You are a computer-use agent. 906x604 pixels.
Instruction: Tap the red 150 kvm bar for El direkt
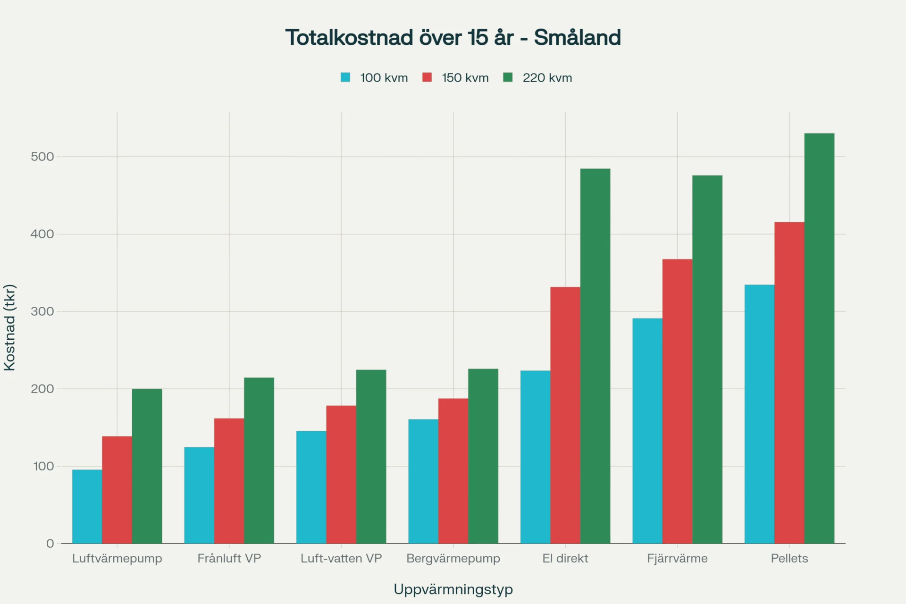[x=565, y=415]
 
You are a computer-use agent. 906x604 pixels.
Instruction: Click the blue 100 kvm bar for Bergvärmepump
[x=423, y=481]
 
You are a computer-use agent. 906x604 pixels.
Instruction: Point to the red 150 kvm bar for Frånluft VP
[x=229, y=481]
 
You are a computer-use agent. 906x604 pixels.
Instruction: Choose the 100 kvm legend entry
[x=374, y=78]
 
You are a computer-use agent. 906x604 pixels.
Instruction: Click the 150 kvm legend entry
[x=456, y=78]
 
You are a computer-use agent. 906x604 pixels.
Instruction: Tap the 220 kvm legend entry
[x=537, y=78]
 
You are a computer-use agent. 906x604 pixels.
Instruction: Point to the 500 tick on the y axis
[x=42, y=157]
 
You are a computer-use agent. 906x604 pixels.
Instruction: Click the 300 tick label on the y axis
[x=42, y=311]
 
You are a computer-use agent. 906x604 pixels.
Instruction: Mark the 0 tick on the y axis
[x=50, y=544]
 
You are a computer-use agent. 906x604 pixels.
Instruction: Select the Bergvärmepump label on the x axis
[x=453, y=558]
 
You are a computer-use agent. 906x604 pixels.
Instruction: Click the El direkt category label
[x=565, y=558]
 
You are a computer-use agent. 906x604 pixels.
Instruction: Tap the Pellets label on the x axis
[x=789, y=558]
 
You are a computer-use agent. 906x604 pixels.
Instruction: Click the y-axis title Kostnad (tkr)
[x=9, y=327]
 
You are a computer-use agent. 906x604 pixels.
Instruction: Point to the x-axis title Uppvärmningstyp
[x=453, y=589]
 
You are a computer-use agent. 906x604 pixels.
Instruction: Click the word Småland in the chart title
[x=577, y=38]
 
